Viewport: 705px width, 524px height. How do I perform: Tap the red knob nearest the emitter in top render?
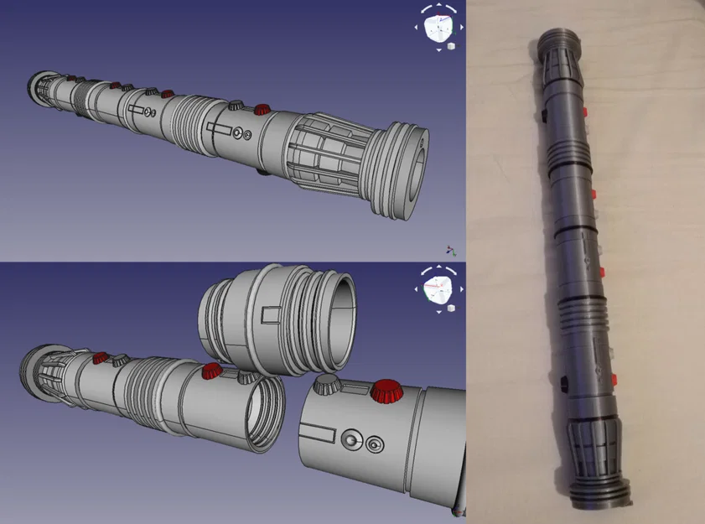pos(262,109)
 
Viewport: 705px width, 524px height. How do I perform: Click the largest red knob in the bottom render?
pos(386,389)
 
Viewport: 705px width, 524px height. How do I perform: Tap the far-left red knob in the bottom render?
pos(100,358)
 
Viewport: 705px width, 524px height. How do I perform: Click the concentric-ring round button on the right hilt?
pos(374,442)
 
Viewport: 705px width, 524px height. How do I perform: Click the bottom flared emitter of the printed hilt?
pos(600,486)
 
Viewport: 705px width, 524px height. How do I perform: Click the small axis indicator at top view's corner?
pos(451,250)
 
